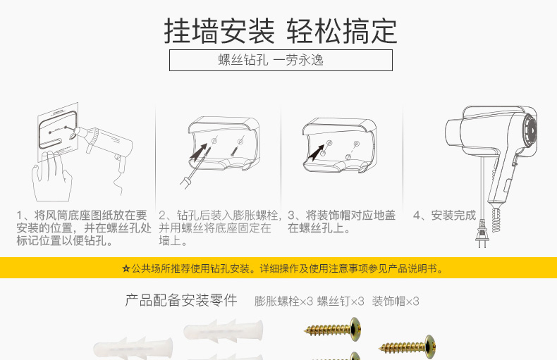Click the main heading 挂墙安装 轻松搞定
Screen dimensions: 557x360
pos(281,32)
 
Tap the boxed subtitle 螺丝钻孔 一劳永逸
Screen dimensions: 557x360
pos(271,60)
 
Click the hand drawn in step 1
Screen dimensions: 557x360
pos(51,176)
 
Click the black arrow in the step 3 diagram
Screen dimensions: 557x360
pos(316,153)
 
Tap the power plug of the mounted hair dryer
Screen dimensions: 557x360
pos(482,234)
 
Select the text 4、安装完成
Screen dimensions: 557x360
pos(444,215)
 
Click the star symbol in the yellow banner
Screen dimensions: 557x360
pos(126,268)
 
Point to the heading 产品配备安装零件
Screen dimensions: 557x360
pos(181,300)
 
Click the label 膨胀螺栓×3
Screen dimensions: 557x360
pos(283,302)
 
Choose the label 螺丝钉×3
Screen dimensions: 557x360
pos(341,302)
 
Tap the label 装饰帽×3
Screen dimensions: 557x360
pos(396,302)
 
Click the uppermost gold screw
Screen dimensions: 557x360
pos(333,330)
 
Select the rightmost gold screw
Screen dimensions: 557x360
pos(408,346)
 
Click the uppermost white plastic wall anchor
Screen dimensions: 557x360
pos(224,331)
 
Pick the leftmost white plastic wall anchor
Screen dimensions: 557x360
pos(133,348)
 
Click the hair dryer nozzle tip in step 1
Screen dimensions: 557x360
pos(74,134)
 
